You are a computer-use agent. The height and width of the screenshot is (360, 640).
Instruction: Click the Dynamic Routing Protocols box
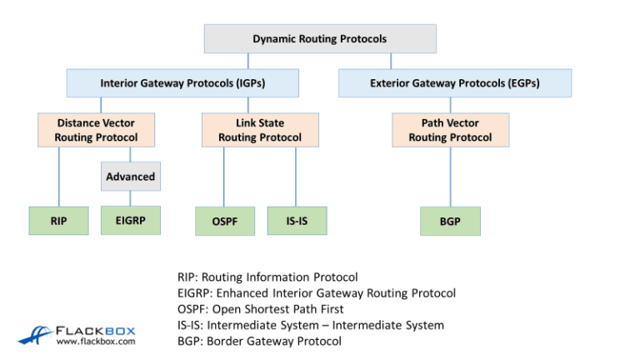click(320, 38)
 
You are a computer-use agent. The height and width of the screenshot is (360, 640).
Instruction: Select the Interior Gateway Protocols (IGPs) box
click(182, 83)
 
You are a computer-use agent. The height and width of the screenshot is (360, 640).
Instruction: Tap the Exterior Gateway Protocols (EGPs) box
click(454, 83)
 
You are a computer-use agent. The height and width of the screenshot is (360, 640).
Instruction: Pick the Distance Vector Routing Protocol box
click(97, 130)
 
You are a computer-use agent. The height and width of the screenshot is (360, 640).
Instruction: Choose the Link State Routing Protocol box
click(260, 130)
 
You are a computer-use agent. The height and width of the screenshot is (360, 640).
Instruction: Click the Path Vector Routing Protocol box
click(450, 130)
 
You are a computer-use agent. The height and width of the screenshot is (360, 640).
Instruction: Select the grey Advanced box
click(130, 177)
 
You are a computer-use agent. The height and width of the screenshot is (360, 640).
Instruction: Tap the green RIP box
click(58, 221)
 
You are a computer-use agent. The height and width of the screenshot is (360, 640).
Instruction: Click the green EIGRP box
click(130, 220)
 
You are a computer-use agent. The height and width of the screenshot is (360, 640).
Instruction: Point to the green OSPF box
click(224, 221)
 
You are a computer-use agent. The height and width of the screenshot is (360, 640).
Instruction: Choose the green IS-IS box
click(297, 221)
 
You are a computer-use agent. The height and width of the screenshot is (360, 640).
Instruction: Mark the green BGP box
click(450, 221)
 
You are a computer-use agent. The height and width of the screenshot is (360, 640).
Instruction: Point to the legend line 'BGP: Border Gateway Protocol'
click(259, 341)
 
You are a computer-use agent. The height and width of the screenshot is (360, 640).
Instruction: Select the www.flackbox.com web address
click(95, 341)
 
